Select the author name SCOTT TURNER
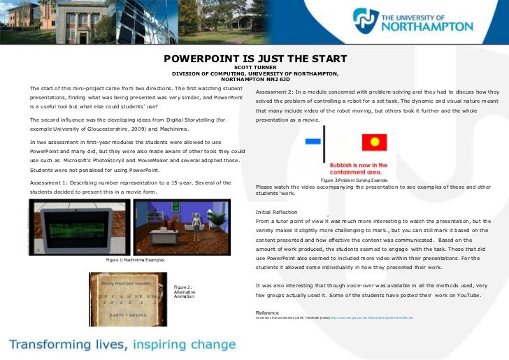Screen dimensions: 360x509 pos(255,68)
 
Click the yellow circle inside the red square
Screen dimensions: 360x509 pos(374,143)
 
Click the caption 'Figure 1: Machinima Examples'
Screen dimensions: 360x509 pos(135,260)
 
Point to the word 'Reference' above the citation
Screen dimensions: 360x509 pos(267,312)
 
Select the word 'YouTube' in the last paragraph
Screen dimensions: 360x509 pos(467,296)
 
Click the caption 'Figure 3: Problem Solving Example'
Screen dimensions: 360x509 pos(354,180)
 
